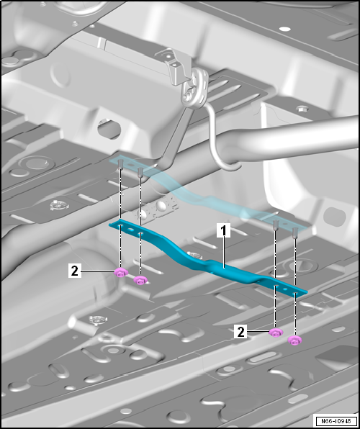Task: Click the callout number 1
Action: [224, 230]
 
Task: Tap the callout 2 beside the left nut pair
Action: [74, 271]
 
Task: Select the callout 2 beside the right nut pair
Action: [241, 332]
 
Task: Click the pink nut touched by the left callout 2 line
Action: [121, 272]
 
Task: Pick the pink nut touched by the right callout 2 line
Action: [276, 332]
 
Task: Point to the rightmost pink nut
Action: [294, 340]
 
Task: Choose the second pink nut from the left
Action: [140, 280]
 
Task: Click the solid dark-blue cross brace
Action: [208, 261]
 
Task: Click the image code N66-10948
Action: [336, 420]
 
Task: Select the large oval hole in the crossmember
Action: [109, 129]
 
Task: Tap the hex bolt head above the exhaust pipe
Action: [302, 109]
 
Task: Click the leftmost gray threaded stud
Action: [120, 165]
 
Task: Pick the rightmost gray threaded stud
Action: [295, 232]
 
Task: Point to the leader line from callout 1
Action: [224, 252]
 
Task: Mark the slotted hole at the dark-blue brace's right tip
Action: [295, 294]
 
